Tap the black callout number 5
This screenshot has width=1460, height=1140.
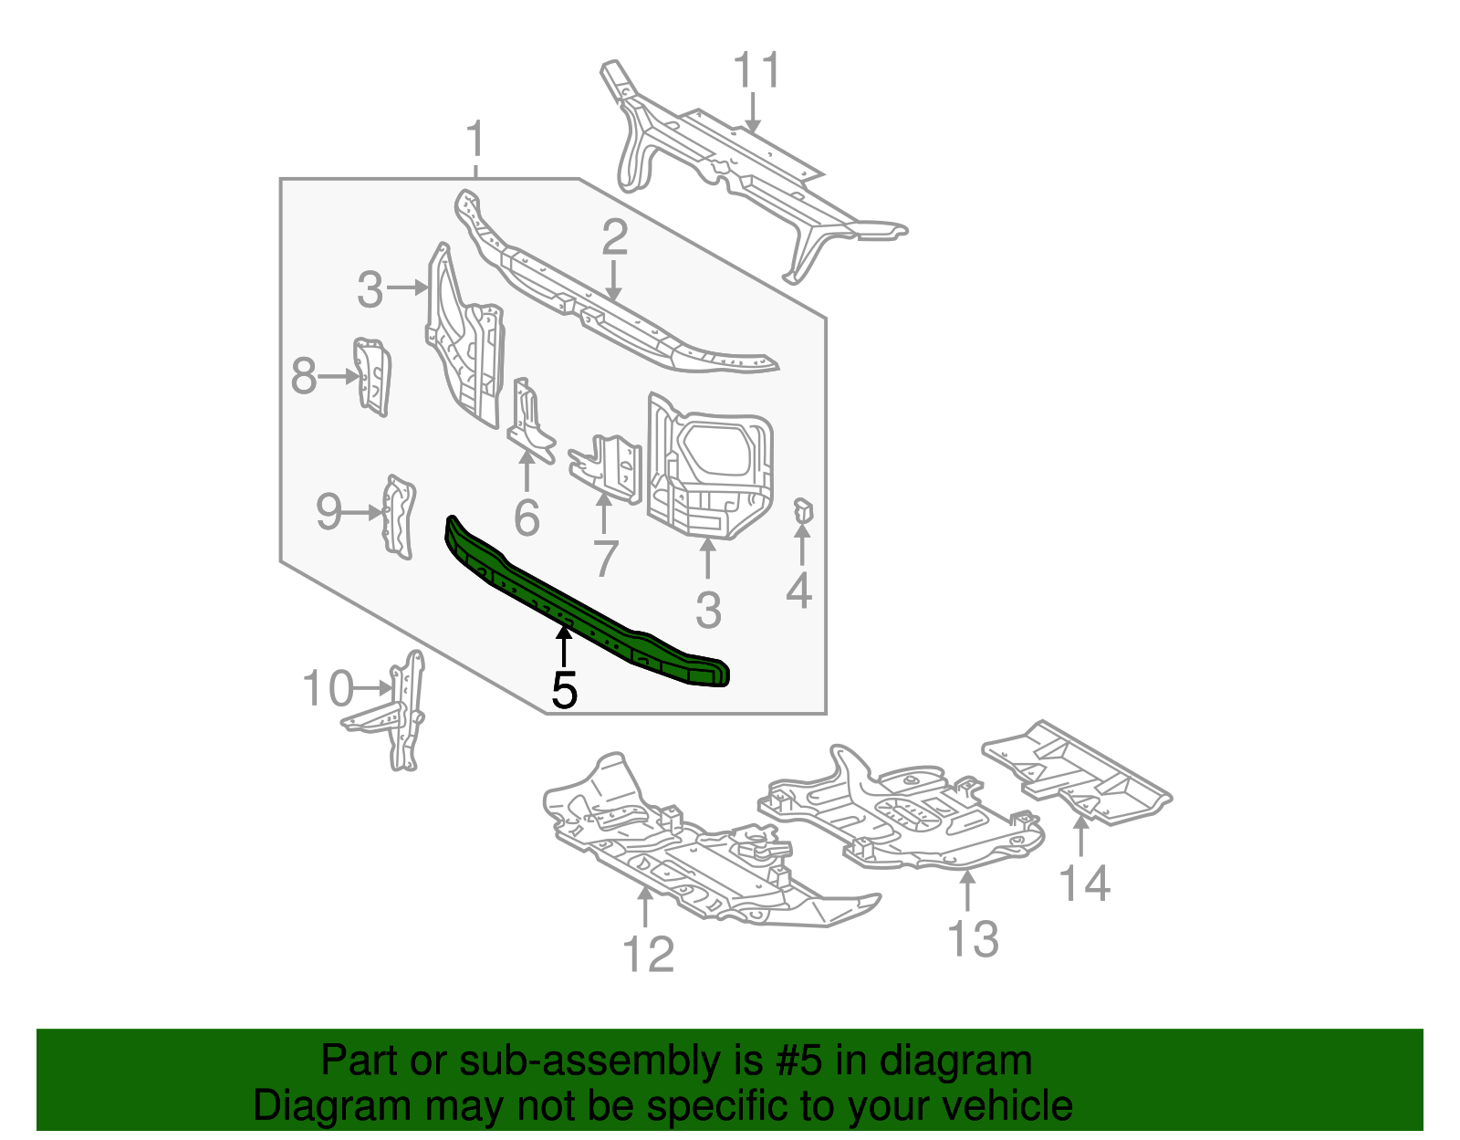(x=565, y=691)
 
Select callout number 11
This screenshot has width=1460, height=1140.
(x=757, y=70)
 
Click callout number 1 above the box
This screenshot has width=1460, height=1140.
(x=474, y=141)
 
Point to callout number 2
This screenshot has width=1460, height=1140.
(x=615, y=237)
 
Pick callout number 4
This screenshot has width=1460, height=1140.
(x=798, y=591)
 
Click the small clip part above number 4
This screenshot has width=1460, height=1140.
(x=802, y=513)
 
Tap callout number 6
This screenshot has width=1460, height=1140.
(x=527, y=518)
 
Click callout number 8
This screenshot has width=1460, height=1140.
(x=305, y=375)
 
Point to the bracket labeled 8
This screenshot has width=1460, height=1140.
(x=372, y=376)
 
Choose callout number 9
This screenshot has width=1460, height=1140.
(x=328, y=512)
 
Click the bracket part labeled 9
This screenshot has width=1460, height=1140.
(x=399, y=517)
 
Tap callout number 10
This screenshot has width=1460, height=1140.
(x=328, y=688)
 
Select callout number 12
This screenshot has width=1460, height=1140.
(x=648, y=955)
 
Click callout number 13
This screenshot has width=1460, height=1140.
(x=973, y=938)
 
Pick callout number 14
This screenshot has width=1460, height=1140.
(x=1084, y=884)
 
